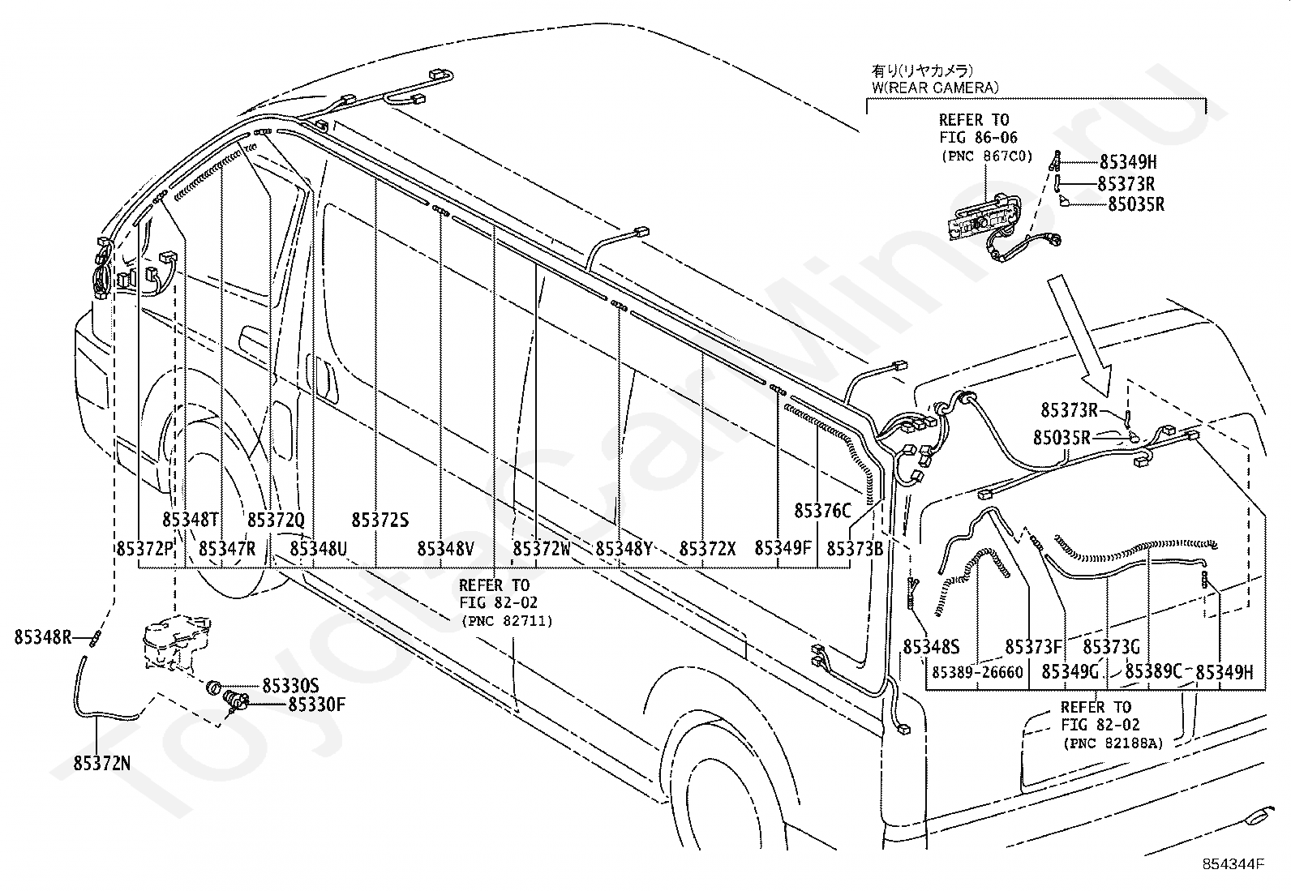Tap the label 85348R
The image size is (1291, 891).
point(43,637)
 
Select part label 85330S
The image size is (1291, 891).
point(290,686)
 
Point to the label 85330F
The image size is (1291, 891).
point(316,705)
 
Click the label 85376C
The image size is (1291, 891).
point(822,511)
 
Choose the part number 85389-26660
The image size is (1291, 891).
point(977,672)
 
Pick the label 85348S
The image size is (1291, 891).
point(932,647)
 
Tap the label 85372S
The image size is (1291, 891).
point(380,520)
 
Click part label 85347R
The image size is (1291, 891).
point(227,549)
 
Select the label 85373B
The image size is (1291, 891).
point(855,549)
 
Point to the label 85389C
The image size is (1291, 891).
point(1153,671)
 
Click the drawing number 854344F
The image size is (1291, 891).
point(1233,864)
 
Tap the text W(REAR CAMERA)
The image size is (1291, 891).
point(935,88)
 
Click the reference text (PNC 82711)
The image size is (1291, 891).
point(507,621)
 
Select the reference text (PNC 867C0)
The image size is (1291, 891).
point(987,156)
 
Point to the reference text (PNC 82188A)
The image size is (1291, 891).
point(1113,743)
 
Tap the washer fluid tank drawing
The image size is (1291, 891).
point(176,643)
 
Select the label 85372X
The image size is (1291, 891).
point(707,549)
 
